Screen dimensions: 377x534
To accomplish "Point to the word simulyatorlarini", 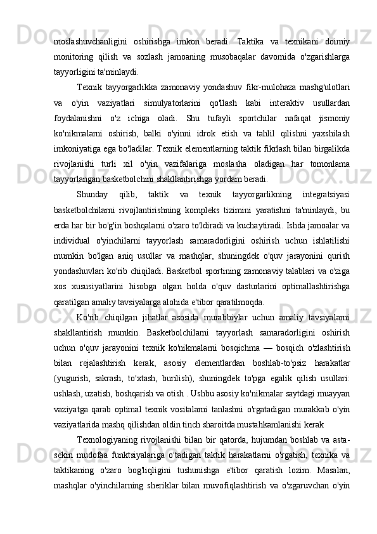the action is pos(172,102).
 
